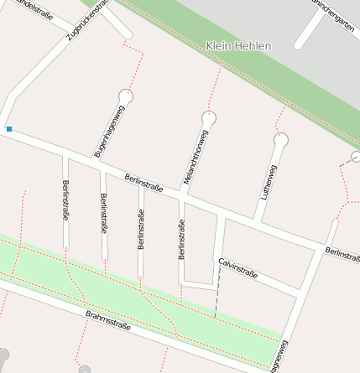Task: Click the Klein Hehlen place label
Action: pyautogui.click(x=238, y=45)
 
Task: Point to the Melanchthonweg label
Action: pyautogui.click(x=195, y=157)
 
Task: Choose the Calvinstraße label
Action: pyautogui.click(x=238, y=268)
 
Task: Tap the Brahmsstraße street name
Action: pyautogui.click(x=108, y=320)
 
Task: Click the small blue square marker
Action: pyautogui.click(x=9, y=129)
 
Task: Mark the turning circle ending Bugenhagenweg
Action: pyautogui.click(x=126, y=96)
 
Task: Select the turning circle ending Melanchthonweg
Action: pyautogui.click(x=209, y=117)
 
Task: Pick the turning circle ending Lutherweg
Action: pyautogui.click(x=281, y=139)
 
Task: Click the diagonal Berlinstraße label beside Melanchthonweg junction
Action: pyautogui.click(x=143, y=182)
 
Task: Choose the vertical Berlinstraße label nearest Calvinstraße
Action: pyautogui.click(x=180, y=238)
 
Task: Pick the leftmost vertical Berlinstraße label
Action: pyautogui.click(x=65, y=199)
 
